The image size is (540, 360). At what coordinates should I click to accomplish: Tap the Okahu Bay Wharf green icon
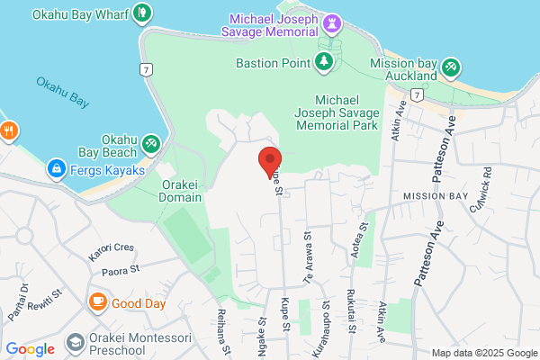(141, 14)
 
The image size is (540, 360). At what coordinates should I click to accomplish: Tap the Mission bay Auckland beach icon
(451, 67)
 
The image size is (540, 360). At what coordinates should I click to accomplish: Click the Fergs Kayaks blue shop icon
(56, 167)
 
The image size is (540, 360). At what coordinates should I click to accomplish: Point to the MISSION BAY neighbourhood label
(436, 195)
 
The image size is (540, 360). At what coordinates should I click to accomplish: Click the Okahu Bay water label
(61, 92)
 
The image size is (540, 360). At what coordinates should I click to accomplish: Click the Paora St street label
(121, 269)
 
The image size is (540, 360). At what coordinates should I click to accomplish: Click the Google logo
(30, 349)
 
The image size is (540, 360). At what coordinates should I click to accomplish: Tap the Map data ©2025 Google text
(483, 353)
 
